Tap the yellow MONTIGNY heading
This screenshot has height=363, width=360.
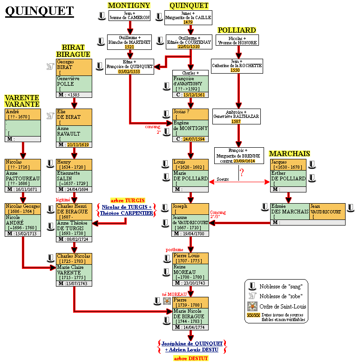[129, 5]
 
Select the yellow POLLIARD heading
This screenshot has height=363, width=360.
[237, 30]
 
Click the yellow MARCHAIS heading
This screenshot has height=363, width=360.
[290, 153]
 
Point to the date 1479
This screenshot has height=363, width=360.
[188, 22]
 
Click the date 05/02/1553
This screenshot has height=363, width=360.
[129, 71]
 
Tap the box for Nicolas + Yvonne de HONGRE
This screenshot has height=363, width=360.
[237, 40]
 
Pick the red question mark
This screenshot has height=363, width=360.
[241, 173]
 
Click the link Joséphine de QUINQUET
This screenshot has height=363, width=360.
[192, 343]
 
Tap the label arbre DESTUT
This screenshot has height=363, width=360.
[190, 358]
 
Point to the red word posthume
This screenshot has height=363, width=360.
[175, 250]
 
